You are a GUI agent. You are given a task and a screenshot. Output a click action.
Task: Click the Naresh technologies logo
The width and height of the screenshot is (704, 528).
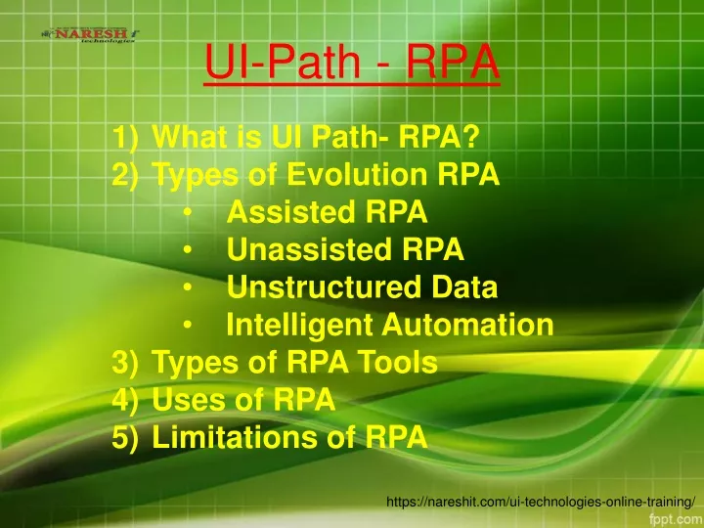[90, 34]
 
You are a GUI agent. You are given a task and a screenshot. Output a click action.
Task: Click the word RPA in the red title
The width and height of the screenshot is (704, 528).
[453, 62]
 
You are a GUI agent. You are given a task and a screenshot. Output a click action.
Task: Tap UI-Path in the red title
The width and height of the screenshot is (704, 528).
[283, 62]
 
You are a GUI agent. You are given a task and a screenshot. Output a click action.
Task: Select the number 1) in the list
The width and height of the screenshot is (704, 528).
[125, 136]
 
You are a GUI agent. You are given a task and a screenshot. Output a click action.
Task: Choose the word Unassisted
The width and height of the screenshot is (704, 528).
[309, 248]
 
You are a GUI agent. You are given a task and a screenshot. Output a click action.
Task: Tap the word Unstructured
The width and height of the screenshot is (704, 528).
[325, 286]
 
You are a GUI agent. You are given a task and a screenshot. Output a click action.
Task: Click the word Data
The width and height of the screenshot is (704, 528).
[464, 286]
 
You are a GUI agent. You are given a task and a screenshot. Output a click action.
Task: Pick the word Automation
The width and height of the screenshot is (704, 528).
[467, 324]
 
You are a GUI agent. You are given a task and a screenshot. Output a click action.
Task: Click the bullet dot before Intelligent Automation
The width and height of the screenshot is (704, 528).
[187, 325]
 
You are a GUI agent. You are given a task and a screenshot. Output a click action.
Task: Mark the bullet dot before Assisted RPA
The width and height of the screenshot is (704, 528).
[187, 212]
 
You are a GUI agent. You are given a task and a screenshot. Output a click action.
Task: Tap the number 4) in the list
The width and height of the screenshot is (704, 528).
[125, 399]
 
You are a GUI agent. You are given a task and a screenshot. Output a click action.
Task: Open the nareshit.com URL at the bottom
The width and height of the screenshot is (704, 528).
[541, 502]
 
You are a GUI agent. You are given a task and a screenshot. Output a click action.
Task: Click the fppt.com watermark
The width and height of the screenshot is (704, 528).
[677, 519]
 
